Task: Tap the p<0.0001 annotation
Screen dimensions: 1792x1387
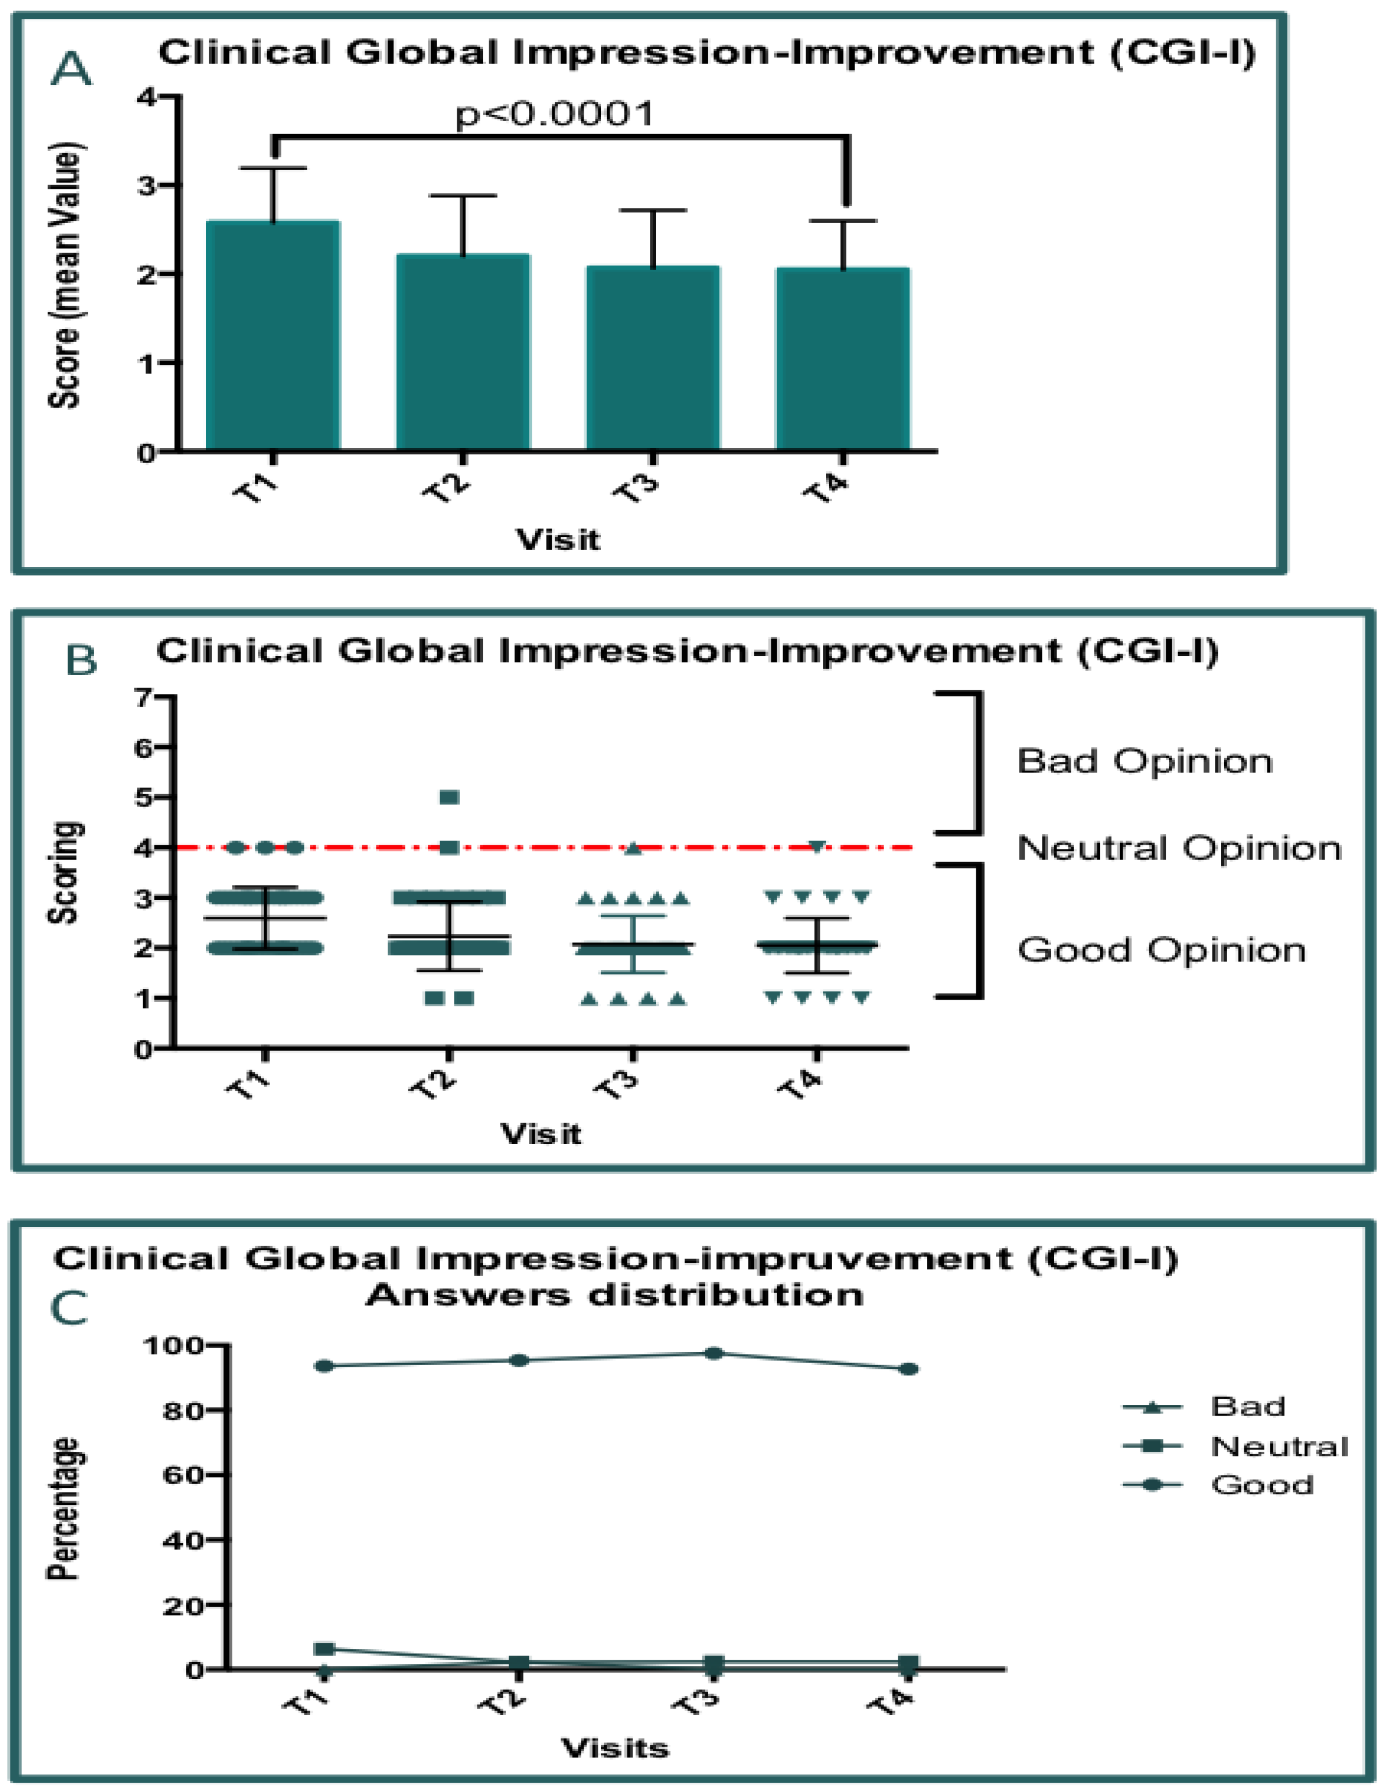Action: [555, 114]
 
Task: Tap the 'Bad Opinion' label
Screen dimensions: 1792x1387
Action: [1144, 761]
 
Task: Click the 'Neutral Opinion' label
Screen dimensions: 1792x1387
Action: [1178, 848]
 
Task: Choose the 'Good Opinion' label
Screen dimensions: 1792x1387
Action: [1160, 950]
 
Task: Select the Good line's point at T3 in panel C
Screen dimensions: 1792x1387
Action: [714, 1353]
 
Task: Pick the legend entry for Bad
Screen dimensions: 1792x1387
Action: [1247, 1407]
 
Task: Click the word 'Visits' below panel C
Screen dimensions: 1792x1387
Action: [615, 1748]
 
